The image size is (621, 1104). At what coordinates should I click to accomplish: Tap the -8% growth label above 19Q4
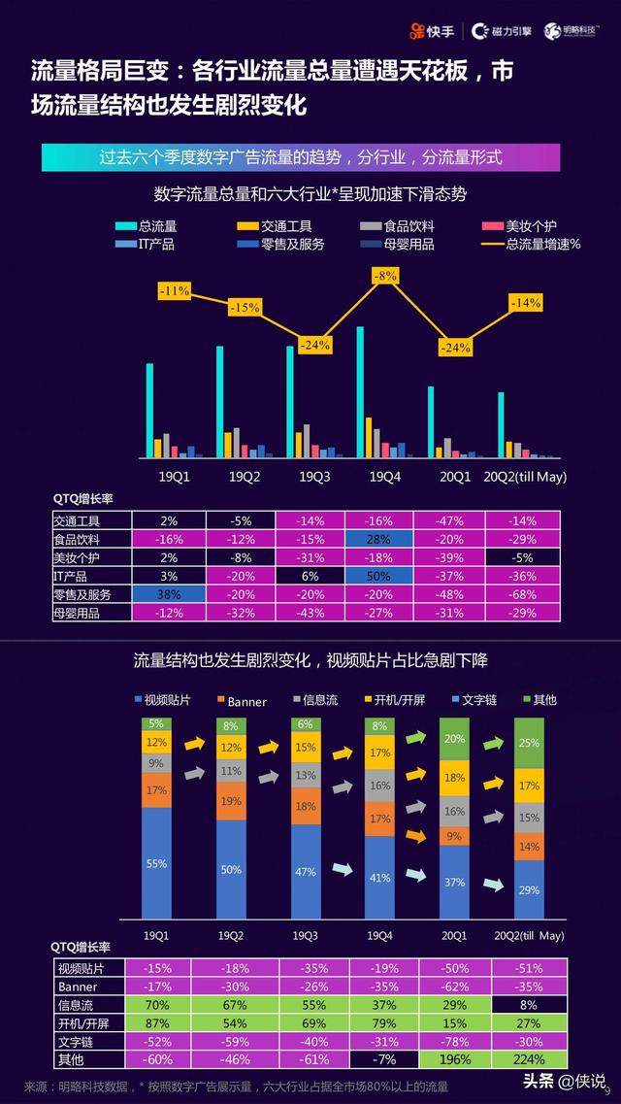[385, 276]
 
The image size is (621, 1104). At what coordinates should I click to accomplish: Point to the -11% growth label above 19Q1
[175, 290]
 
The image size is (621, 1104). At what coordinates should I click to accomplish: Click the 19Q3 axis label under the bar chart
[314, 477]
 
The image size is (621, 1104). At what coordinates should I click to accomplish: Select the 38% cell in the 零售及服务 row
[169, 594]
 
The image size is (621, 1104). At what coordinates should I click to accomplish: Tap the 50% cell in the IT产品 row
[378, 576]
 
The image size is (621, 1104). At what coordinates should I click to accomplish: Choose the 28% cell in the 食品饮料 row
[378, 539]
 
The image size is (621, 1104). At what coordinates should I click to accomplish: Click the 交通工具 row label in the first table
[78, 520]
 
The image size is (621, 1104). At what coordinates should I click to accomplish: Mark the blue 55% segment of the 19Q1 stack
[157, 861]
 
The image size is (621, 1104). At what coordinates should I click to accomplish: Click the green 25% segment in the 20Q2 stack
[529, 743]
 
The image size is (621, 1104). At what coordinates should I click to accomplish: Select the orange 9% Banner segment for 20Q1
[454, 835]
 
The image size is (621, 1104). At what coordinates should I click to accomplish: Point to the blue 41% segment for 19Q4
[379, 877]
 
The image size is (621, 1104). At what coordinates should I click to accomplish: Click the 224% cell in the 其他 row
[529, 1059]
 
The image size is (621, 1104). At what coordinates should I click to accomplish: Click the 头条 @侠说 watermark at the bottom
[565, 1082]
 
